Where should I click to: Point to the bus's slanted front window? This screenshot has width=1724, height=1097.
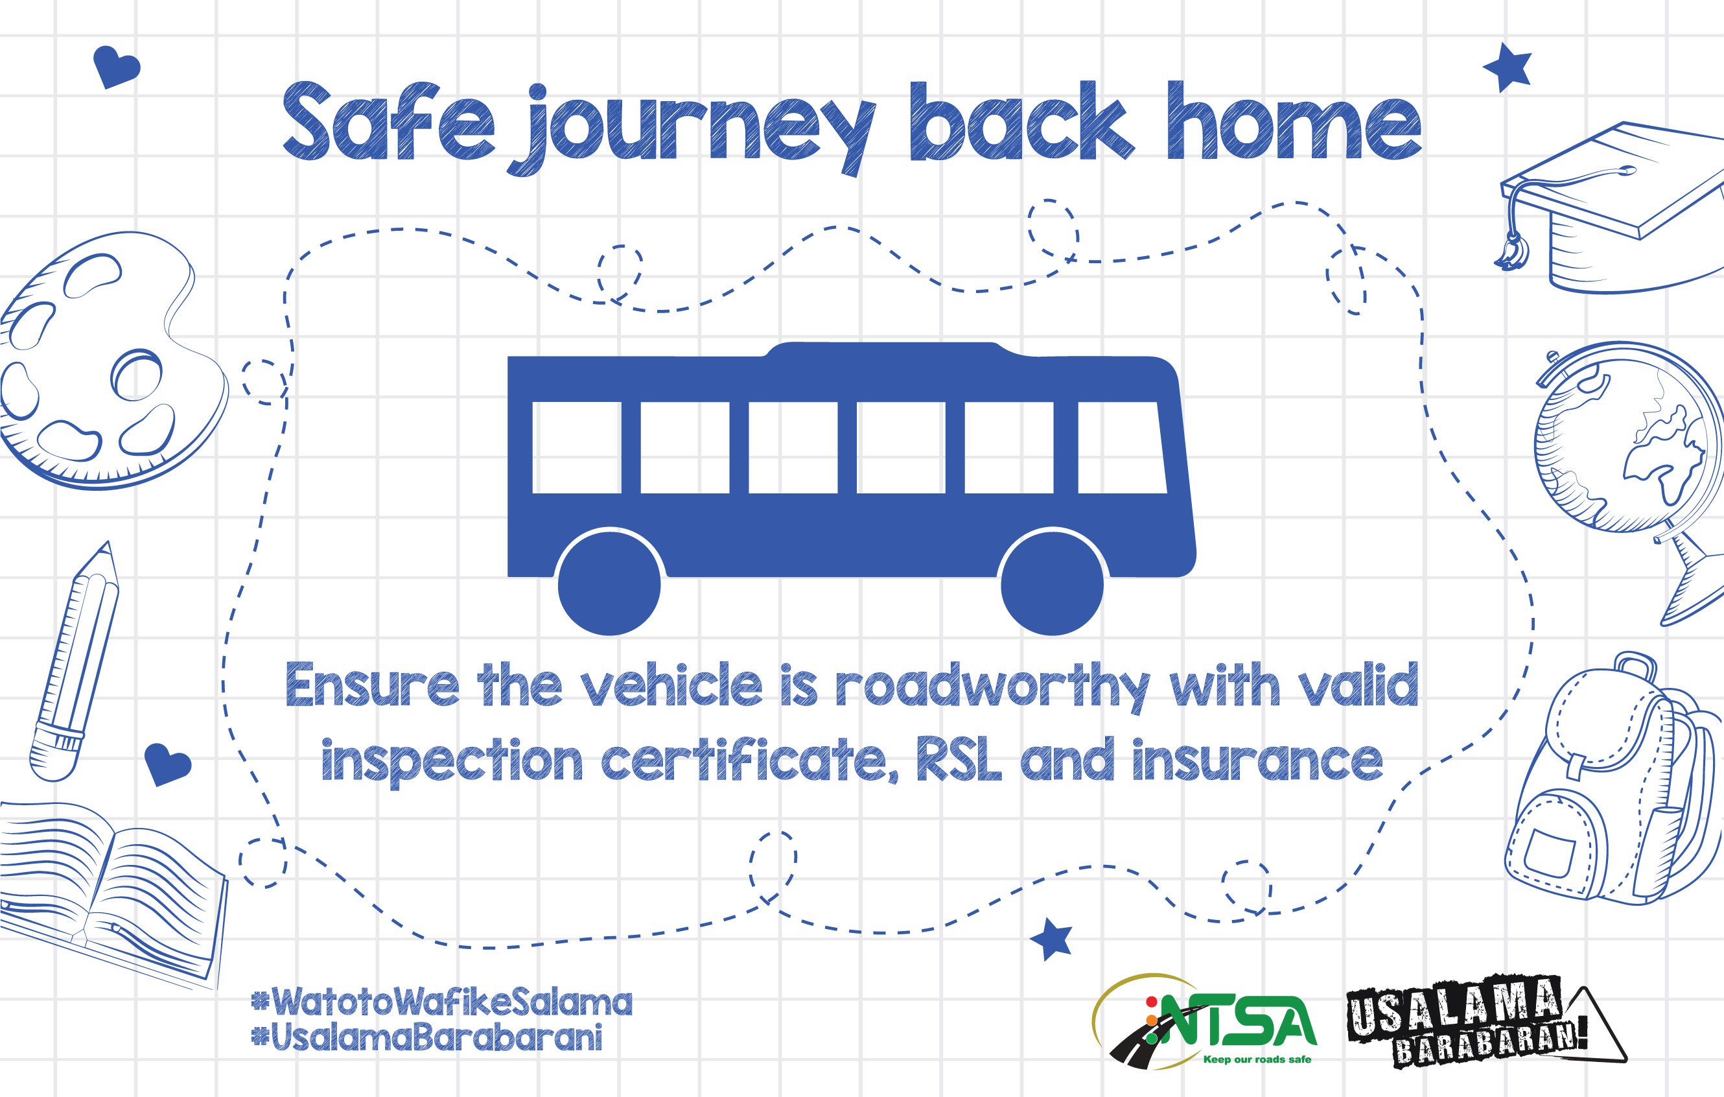click(1121, 447)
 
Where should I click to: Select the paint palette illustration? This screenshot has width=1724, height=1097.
click(111, 360)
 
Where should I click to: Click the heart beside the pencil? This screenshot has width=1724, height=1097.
click(167, 764)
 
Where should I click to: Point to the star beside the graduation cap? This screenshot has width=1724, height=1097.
click(1507, 67)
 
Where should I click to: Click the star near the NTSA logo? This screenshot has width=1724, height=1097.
click(1052, 939)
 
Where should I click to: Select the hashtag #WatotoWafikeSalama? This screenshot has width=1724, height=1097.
click(442, 1002)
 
